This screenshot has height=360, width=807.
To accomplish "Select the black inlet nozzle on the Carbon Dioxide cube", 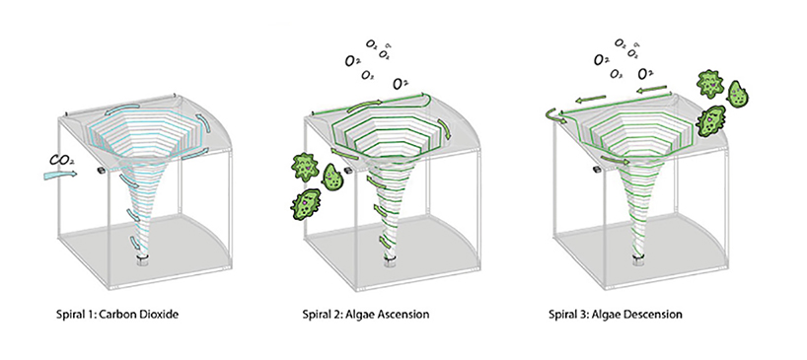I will [101, 172].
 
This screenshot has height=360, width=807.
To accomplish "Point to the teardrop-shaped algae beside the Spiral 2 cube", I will [333, 177].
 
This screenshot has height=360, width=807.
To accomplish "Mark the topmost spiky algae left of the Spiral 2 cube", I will [302, 165].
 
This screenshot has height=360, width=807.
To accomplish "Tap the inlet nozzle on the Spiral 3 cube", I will [596, 172].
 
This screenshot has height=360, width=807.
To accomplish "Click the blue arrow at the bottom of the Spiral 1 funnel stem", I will [140, 248].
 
